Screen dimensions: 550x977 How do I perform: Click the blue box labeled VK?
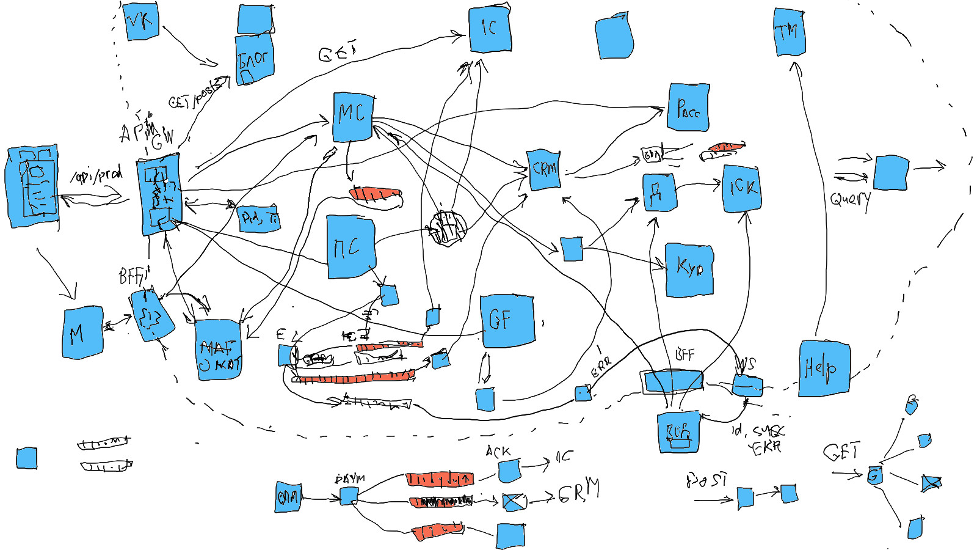click(141, 21)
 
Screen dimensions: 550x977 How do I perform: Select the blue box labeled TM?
click(789, 32)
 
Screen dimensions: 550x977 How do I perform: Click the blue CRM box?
click(544, 169)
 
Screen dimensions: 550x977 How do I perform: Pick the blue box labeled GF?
click(507, 320)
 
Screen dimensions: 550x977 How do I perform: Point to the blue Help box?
click(824, 368)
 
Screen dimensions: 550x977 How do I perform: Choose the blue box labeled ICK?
click(742, 188)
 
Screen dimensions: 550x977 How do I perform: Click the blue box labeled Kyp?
click(689, 269)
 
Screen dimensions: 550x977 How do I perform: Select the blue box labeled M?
click(82, 333)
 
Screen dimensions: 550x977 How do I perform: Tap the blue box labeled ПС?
click(350, 247)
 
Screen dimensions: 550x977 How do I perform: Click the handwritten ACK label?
click(498, 452)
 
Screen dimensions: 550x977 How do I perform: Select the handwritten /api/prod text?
click(96, 175)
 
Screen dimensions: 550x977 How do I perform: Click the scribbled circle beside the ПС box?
click(448, 228)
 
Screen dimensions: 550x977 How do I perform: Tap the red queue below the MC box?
click(375, 194)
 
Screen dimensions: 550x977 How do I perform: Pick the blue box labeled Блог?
click(254, 59)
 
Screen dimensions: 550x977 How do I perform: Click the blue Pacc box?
click(688, 108)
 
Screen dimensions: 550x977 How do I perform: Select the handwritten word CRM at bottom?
click(578, 490)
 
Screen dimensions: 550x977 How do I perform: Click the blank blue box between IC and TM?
click(614, 37)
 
